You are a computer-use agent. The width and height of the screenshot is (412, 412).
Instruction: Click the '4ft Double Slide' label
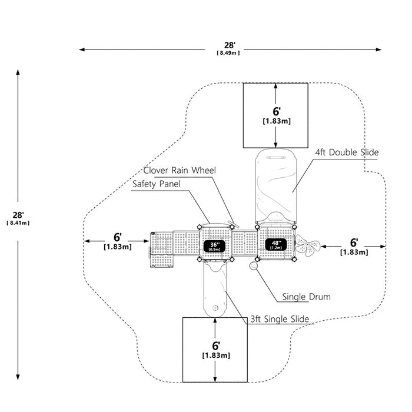point(347,152)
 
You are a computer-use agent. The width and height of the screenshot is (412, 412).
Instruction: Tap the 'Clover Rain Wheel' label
point(180,170)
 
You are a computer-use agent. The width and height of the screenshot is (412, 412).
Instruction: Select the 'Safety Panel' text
point(157,184)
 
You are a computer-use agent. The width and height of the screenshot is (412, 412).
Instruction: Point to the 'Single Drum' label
point(307,297)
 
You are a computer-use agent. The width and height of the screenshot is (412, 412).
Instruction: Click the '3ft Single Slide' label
point(280,319)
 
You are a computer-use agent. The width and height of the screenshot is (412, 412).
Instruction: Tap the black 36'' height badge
point(214,246)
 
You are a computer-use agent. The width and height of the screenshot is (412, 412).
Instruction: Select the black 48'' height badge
point(275,245)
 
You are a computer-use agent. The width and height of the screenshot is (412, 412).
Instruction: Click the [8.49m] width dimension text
point(228,53)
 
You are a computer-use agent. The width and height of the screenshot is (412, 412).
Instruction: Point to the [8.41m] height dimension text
point(18,223)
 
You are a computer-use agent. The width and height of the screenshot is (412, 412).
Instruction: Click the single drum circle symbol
point(254,265)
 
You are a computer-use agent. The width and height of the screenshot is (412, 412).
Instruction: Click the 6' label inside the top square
point(277,111)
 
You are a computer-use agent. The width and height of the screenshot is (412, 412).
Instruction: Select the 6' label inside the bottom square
point(216,346)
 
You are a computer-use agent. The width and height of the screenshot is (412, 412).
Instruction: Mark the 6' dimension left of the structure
point(117,237)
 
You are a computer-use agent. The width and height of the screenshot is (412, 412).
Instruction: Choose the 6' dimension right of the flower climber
point(354,242)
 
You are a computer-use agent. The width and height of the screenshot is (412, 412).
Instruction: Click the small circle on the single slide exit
point(215,308)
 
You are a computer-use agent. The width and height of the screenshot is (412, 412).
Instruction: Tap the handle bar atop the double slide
point(276,158)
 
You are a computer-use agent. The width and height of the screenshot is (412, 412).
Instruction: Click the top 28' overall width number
point(228,45)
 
